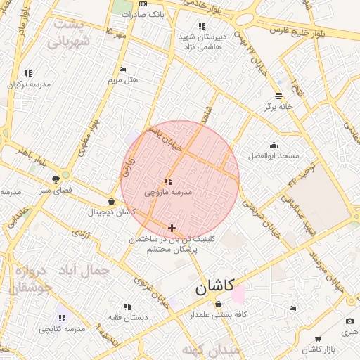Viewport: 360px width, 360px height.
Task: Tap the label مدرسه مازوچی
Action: pos(168,191)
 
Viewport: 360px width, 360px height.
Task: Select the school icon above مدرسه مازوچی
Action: pos(167,181)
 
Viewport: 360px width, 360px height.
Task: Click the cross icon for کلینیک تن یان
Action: pos(172,228)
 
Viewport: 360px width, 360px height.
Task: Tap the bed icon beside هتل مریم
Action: pos(123,70)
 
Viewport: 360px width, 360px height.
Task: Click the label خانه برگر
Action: pos(278,106)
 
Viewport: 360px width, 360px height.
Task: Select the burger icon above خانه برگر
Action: pos(278,96)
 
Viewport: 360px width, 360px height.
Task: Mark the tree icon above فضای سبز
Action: pos(55,180)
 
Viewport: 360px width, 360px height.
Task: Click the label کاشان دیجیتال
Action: pos(111,212)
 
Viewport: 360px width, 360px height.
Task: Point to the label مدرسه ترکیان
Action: pos(29,84)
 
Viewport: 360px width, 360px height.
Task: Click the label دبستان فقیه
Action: pos(127,316)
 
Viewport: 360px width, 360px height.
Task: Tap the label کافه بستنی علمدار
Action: pos(219,314)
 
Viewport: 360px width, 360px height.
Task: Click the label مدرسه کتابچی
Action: pos(62,328)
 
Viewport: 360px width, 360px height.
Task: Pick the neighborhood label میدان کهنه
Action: pos(211,349)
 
